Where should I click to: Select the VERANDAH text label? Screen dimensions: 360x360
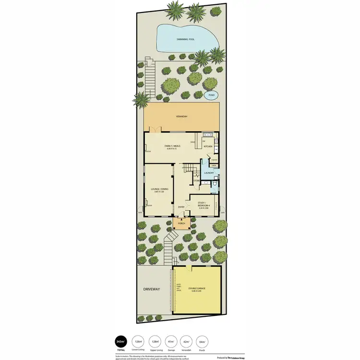[x=181, y=117]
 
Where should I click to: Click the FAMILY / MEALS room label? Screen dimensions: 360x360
[x=172, y=146]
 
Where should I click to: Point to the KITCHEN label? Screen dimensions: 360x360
[x=208, y=146]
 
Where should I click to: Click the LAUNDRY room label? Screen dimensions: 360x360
[x=209, y=173]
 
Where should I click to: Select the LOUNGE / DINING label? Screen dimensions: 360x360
[x=158, y=190]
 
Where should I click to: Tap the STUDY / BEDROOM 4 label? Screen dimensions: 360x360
[x=204, y=205]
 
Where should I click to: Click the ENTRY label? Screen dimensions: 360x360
[x=181, y=207]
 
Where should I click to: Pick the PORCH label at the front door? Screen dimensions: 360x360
[x=181, y=223]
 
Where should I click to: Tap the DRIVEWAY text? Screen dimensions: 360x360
[x=151, y=289]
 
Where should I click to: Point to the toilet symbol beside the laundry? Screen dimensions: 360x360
[x=216, y=184]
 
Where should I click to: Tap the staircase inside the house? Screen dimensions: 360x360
[x=188, y=169]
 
